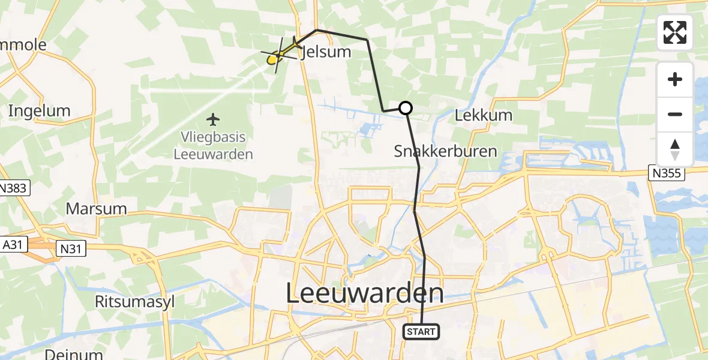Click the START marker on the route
(422, 331)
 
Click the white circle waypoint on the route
(406, 108)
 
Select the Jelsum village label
(327, 52)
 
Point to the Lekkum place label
(484, 115)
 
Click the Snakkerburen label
(445, 151)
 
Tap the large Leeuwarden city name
(365, 293)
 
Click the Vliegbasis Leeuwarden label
(213, 146)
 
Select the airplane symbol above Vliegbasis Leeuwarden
(212, 119)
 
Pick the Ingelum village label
(39, 111)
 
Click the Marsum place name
(97, 209)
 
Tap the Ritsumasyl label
(134, 301)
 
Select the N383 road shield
(13, 188)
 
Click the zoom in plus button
(675, 79)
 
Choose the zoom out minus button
(675, 114)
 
